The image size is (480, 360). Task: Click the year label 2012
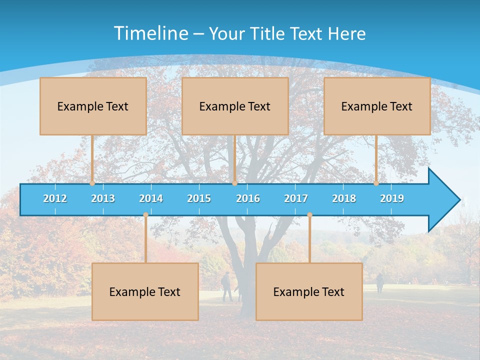pyautogui.click(x=55, y=199)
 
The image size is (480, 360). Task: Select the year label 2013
pyautogui.click(x=103, y=199)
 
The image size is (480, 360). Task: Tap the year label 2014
pyautogui.click(x=151, y=199)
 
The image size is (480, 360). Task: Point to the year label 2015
pyautogui.click(x=199, y=199)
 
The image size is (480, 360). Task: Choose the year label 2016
pyautogui.click(x=248, y=199)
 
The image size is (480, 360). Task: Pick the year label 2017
pyautogui.click(x=296, y=199)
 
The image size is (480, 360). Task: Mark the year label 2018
pyautogui.click(x=344, y=199)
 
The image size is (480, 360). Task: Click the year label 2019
pyautogui.click(x=392, y=199)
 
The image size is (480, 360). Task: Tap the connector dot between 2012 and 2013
pyautogui.click(x=92, y=183)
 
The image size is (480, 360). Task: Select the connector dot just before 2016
pyautogui.click(x=234, y=183)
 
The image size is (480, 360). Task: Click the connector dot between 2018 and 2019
pyautogui.click(x=376, y=183)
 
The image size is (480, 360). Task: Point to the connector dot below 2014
pyautogui.click(x=145, y=215)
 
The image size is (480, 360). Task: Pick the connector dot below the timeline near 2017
pyautogui.click(x=309, y=215)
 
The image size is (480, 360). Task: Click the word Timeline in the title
pyautogui.click(x=150, y=33)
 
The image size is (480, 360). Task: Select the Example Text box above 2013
pyautogui.click(x=93, y=106)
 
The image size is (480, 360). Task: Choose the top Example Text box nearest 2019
pyautogui.click(x=377, y=106)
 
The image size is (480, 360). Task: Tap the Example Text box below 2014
pyautogui.click(x=145, y=292)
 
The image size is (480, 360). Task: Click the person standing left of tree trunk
pyautogui.click(x=227, y=287)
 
